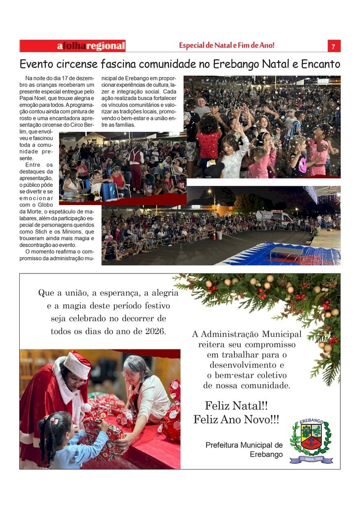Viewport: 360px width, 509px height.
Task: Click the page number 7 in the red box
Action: click(333, 46)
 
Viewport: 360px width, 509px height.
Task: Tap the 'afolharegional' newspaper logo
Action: click(91, 46)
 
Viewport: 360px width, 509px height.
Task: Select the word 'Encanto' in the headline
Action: click(316, 64)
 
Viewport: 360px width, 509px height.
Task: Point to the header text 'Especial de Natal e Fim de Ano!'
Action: click(227, 46)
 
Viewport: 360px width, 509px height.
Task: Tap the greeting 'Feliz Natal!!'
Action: click(236, 406)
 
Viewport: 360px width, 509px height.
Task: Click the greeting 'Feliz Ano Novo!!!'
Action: click(236, 419)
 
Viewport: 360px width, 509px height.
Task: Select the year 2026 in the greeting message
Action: click(155, 331)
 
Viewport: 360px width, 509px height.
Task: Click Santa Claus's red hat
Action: click(78, 364)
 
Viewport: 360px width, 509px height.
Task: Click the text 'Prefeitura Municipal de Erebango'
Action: click(244, 449)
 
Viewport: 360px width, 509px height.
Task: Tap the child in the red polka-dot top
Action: click(209, 143)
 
